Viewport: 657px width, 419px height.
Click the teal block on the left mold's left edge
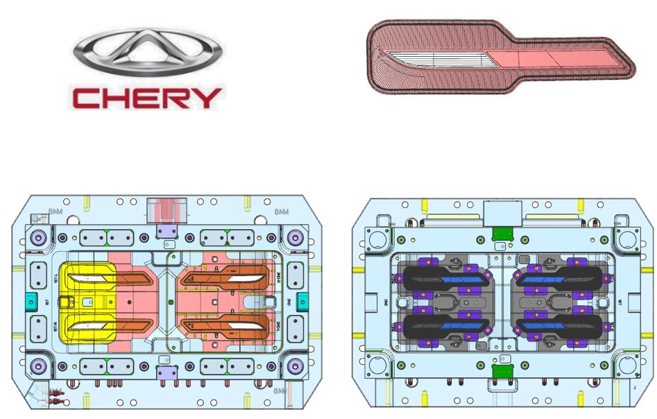click(x=30, y=302)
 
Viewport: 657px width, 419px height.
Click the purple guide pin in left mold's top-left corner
click(x=39, y=237)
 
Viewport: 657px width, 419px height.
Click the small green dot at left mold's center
click(x=171, y=302)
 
